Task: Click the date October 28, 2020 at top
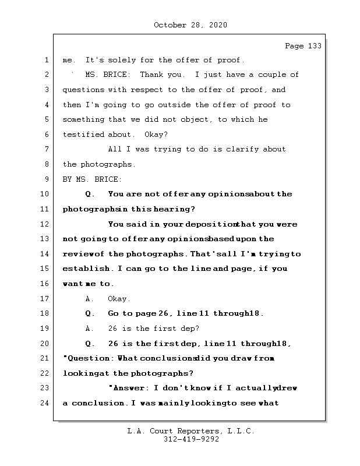click(190, 25)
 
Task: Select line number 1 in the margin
click(45, 60)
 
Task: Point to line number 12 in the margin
click(45, 224)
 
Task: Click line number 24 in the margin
click(45, 403)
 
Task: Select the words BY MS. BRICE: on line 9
click(93, 179)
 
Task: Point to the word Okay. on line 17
click(119, 299)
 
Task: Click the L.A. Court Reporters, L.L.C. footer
click(190, 432)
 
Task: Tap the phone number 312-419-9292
click(191, 440)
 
